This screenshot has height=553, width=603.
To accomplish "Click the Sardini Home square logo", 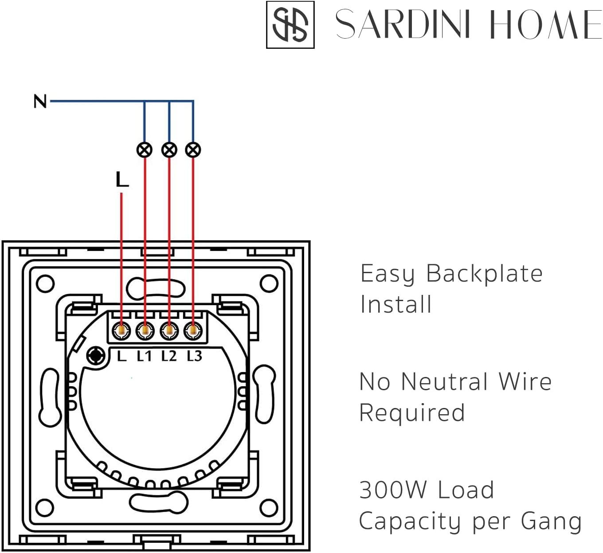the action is (x=290, y=25).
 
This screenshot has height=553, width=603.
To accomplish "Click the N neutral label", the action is (x=40, y=102).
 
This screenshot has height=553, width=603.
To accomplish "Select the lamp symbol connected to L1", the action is (x=144, y=150).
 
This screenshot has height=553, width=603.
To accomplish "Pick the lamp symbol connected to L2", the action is (x=169, y=150).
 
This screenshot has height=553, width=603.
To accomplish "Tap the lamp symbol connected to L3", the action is (x=193, y=150).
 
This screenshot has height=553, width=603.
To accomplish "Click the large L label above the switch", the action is (x=122, y=179).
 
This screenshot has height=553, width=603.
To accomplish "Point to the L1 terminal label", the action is (x=144, y=357).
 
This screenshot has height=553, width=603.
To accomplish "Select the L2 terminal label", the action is (x=169, y=357).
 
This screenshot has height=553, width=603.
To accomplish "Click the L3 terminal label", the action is (x=194, y=357).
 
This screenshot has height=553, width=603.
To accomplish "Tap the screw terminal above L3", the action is (x=193, y=331).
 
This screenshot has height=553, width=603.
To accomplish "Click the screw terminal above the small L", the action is (x=121, y=331).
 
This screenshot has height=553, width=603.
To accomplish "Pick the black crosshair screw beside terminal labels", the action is (x=96, y=356).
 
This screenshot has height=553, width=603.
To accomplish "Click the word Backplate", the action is (x=485, y=274).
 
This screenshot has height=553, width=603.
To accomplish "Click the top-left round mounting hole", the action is (x=45, y=283).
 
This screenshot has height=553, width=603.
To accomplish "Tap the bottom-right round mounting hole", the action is (x=269, y=508).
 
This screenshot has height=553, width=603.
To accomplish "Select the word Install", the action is (x=396, y=304).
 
